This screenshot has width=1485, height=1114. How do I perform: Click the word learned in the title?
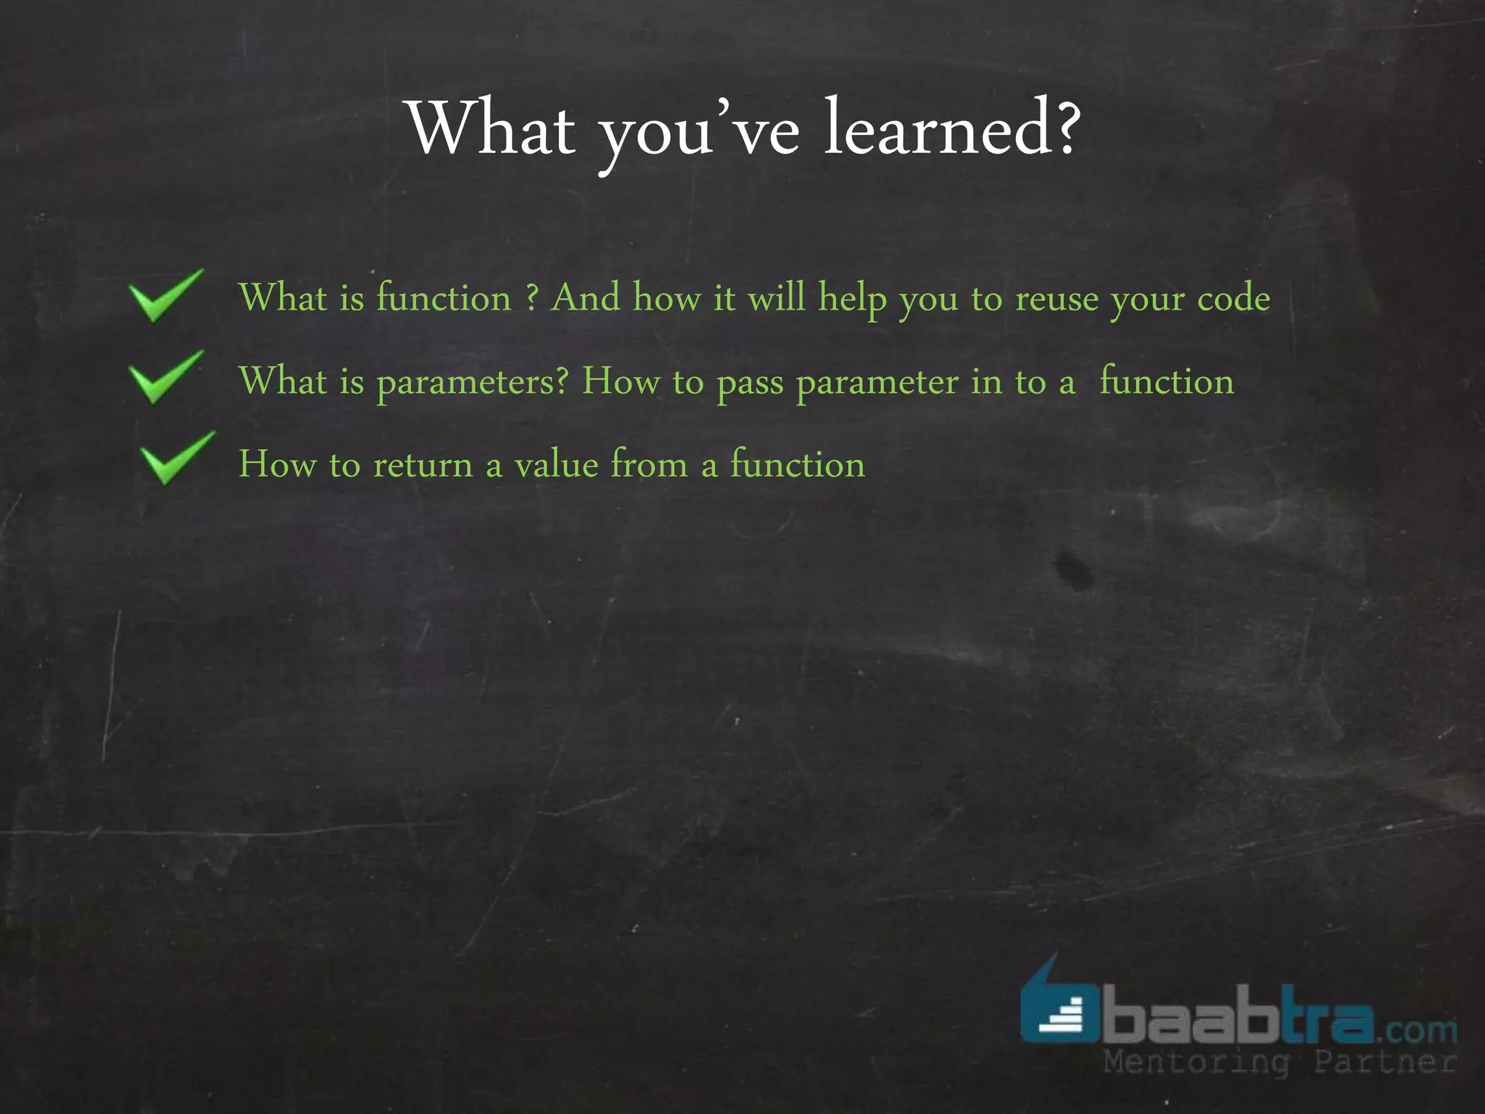(939, 128)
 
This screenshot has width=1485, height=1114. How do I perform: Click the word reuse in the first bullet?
(1056, 299)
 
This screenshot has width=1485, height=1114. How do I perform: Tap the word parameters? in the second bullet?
(472, 382)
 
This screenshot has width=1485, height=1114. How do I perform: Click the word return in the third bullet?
(423, 464)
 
